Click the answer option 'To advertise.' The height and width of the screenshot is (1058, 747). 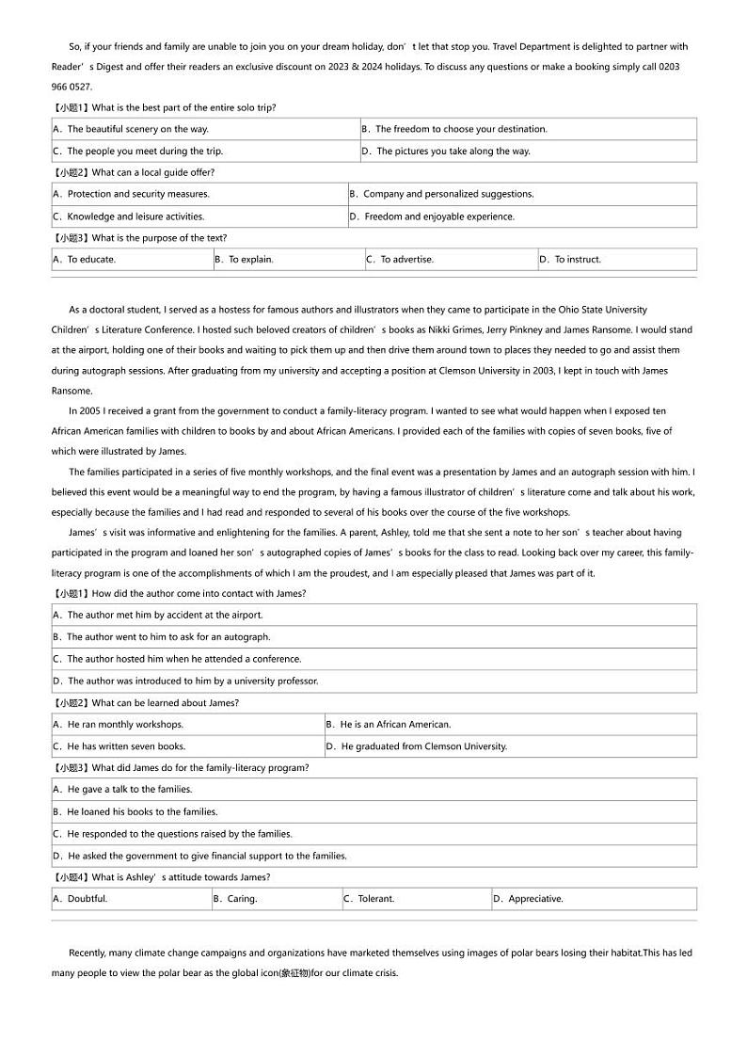406,260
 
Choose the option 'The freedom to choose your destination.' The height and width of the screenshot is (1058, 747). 461,129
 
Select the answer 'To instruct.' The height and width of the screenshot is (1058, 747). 577,260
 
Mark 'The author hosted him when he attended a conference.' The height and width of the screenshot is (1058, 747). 183,659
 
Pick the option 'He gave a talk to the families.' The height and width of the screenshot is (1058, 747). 129,790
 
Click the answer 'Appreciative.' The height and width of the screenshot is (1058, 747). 535,899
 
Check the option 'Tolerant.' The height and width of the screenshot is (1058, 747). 375,899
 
